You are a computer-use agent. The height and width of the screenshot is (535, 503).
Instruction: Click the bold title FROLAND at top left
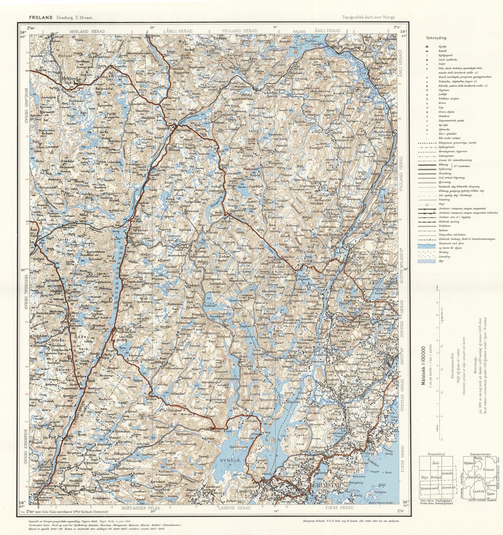[41, 17]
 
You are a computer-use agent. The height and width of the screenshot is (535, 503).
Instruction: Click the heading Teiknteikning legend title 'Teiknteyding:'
[437, 38]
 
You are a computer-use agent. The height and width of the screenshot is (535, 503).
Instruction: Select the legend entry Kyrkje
[443, 47]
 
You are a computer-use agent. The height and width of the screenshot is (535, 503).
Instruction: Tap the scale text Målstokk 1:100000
[423, 365]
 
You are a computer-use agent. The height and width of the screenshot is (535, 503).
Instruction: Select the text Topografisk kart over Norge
[368, 17]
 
